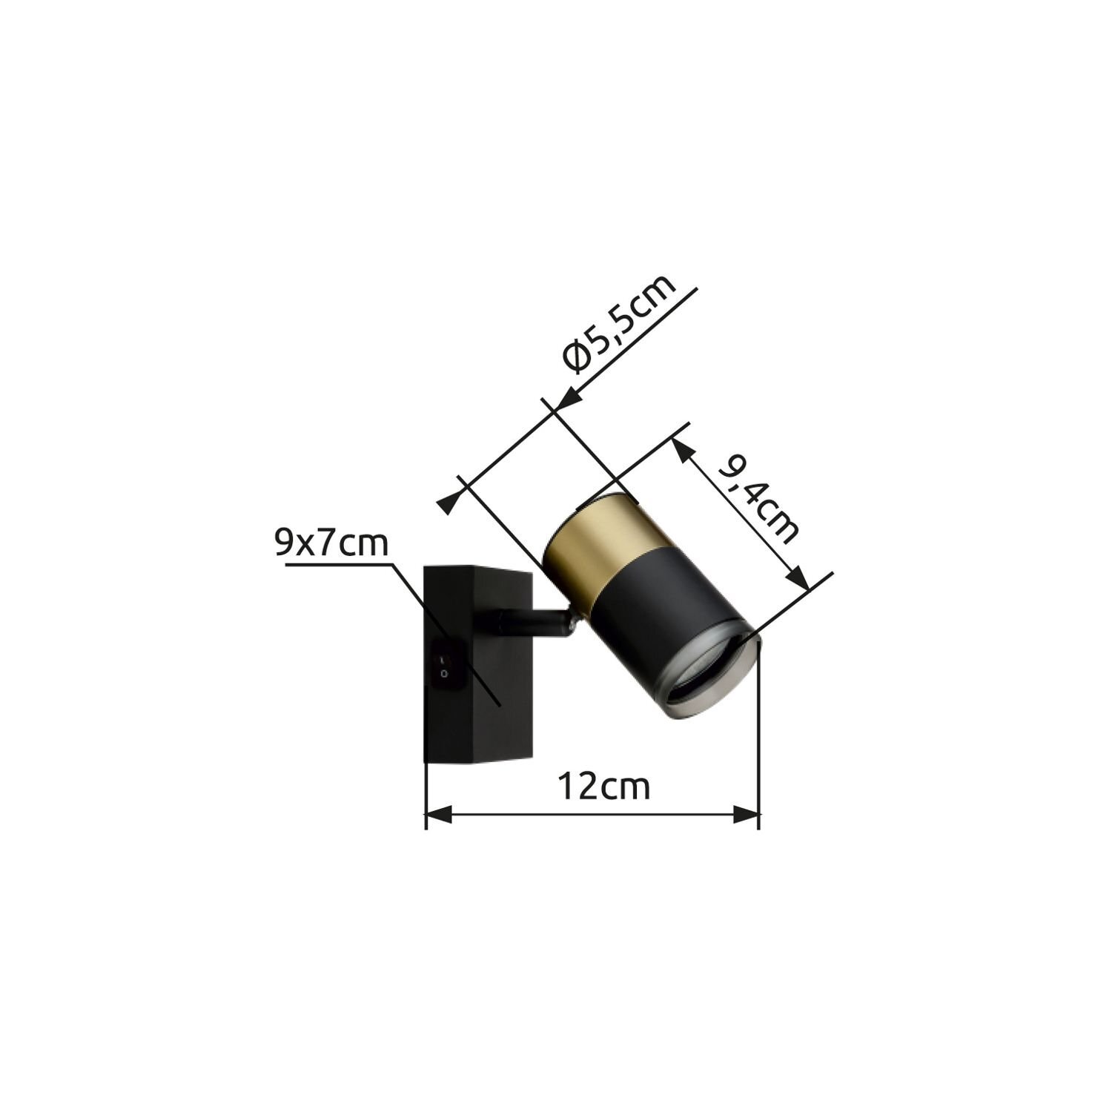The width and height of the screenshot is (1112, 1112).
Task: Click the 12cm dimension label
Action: tap(604, 787)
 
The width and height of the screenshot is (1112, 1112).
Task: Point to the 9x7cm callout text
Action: tap(331, 544)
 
